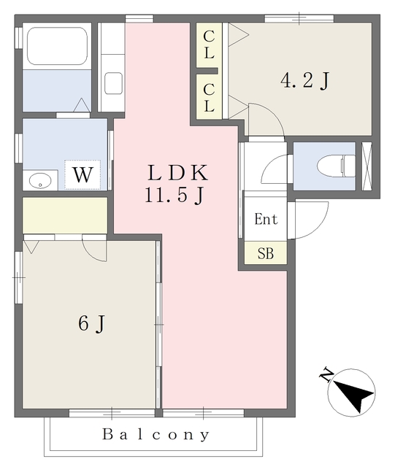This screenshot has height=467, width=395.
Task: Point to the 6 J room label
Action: (x=91, y=323)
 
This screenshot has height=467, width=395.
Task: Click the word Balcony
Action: (x=156, y=435)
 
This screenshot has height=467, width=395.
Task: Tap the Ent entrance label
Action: (x=265, y=219)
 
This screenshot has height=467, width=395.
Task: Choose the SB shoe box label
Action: (x=265, y=254)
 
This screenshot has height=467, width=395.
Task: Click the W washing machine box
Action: (x=82, y=175)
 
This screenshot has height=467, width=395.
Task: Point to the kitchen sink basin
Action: (x=114, y=82)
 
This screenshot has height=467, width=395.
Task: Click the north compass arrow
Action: (x=355, y=395)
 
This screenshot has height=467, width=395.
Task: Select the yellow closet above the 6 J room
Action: (x=65, y=215)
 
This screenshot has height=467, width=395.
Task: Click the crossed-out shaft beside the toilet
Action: (x=367, y=166)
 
